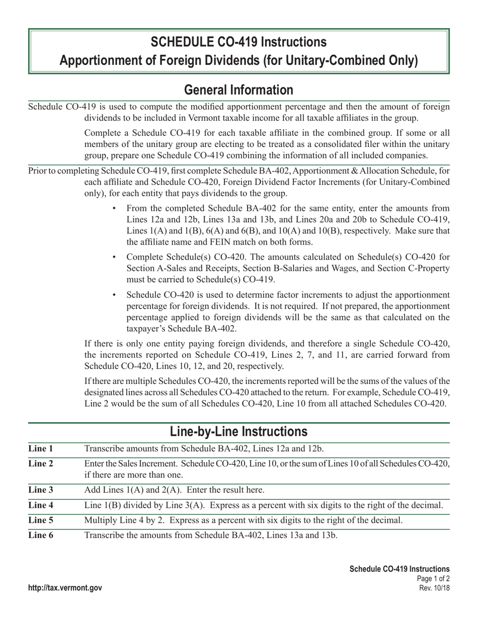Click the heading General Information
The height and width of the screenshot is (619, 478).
click(x=238, y=90)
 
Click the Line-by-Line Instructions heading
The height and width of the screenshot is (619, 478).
click(x=238, y=432)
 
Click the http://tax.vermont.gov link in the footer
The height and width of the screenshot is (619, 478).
click(x=65, y=588)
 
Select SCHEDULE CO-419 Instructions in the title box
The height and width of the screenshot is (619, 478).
click(x=238, y=41)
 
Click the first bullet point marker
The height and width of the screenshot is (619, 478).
click(x=115, y=208)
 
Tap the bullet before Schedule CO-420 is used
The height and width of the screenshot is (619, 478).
click(x=115, y=295)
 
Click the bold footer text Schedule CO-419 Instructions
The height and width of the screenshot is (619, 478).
click(x=400, y=569)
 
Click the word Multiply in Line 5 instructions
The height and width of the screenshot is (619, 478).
click(x=101, y=520)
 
